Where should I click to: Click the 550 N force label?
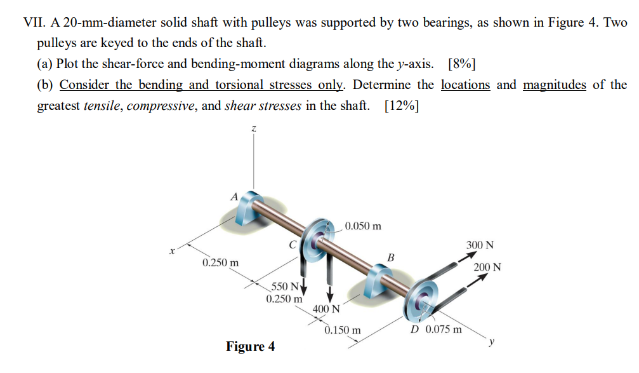tap(282, 287)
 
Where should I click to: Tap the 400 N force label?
tap(326, 309)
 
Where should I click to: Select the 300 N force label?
tap(480, 245)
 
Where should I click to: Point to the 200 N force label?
tap(487, 267)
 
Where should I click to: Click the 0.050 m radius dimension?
tap(364, 226)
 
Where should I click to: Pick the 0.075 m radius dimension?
tap(444, 330)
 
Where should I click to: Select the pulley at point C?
tap(319, 240)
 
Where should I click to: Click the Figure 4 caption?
tap(250, 347)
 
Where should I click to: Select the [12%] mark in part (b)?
tap(401, 105)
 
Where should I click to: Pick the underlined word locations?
tap(465, 85)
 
